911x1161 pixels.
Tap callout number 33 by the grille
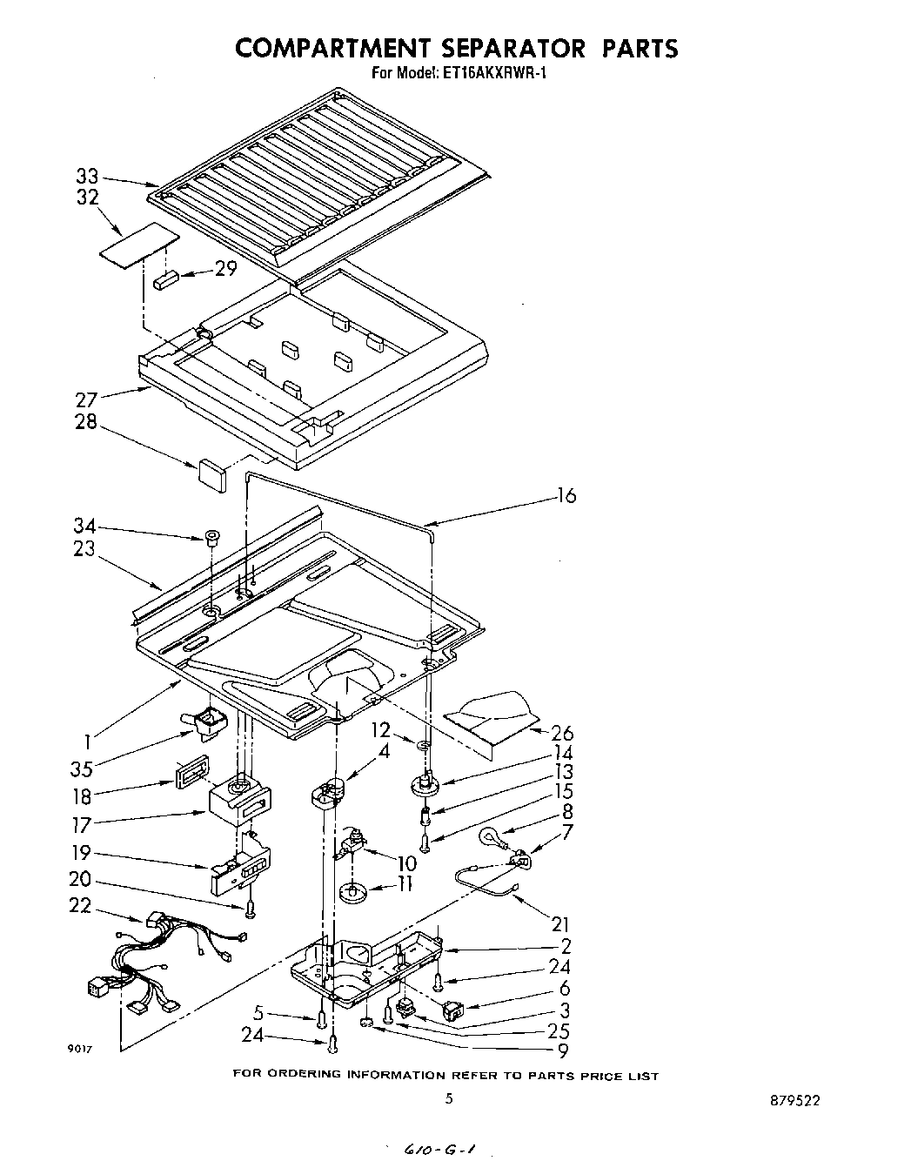(x=87, y=178)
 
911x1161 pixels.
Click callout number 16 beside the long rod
(x=566, y=496)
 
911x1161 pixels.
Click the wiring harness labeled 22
(x=165, y=957)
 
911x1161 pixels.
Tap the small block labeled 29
(x=167, y=280)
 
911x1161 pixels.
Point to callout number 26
(x=562, y=733)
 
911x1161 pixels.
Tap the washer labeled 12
(x=422, y=745)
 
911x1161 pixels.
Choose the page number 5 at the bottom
(x=449, y=1098)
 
